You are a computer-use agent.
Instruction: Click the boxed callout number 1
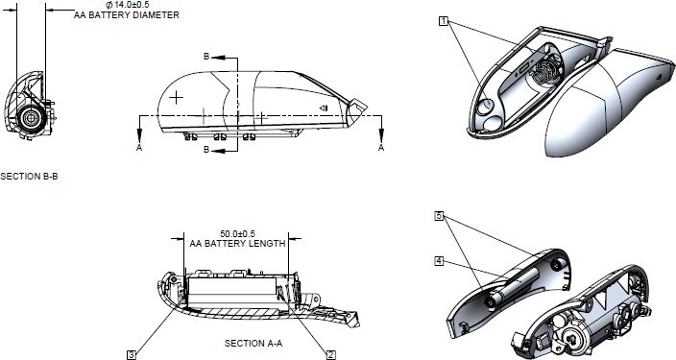(444, 21)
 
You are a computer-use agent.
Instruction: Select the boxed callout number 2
(331, 355)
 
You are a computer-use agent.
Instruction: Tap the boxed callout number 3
(132, 355)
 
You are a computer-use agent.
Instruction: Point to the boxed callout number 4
(439, 261)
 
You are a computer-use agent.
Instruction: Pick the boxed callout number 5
(439, 216)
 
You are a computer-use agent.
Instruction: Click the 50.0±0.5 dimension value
(237, 234)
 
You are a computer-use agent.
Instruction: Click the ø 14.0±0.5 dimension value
(128, 5)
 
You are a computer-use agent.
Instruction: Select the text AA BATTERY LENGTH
(237, 244)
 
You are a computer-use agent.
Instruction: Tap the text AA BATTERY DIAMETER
(127, 15)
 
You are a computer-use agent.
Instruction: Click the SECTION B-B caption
(30, 177)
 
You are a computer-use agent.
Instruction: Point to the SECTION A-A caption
(253, 343)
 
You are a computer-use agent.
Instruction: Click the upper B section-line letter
(206, 57)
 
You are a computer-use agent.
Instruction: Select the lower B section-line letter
(206, 150)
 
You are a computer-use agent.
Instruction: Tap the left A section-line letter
(139, 148)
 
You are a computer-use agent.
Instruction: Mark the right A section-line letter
(381, 148)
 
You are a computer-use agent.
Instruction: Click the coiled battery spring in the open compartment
(544, 72)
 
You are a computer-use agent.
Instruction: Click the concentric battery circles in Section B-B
(31, 118)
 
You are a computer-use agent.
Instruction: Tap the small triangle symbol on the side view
(324, 108)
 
